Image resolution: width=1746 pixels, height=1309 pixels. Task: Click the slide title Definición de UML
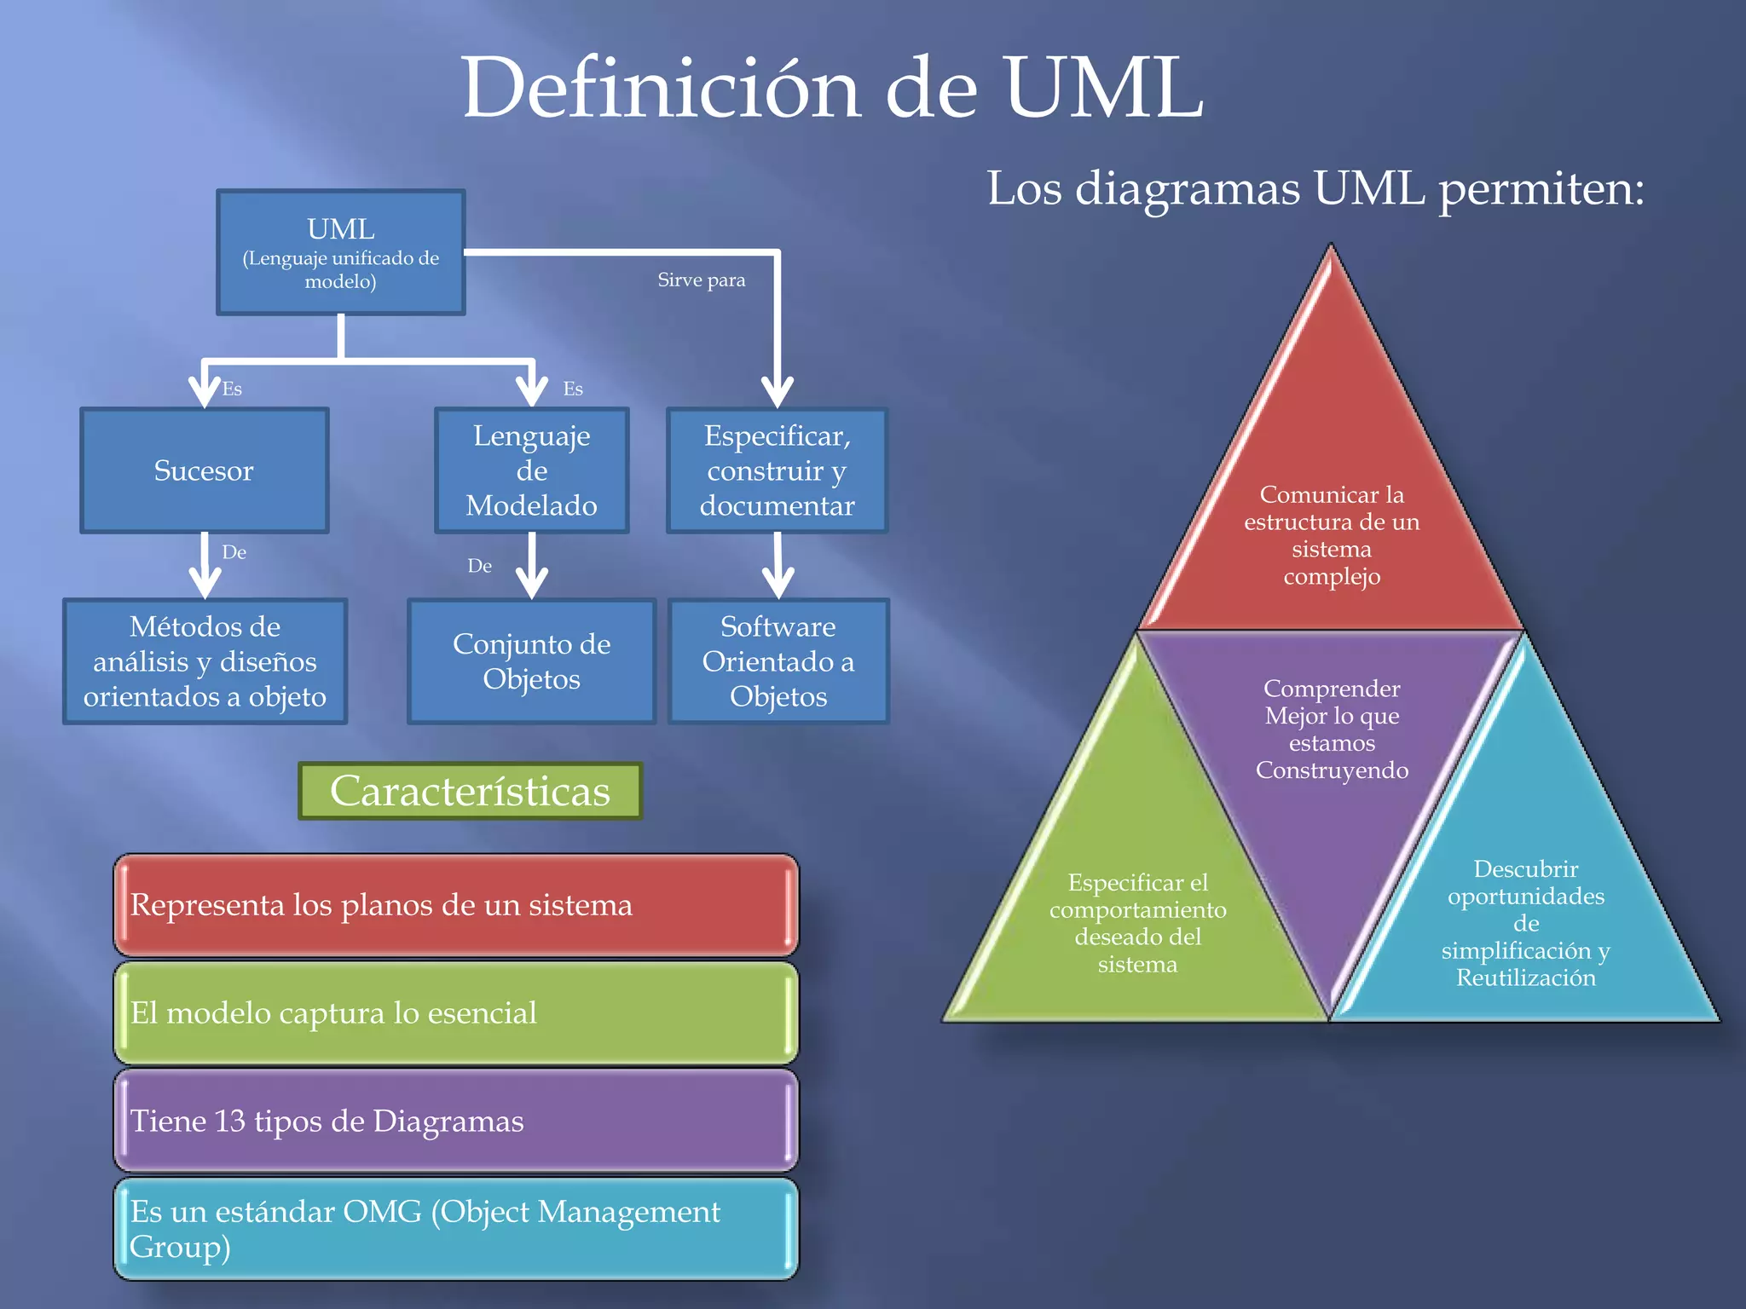pyautogui.click(x=832, y=88)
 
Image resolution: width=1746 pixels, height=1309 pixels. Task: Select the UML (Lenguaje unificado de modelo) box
pyautogui.click(x=341, y=252)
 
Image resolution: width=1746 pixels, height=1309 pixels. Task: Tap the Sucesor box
pyautogui.click(x=205, y=470)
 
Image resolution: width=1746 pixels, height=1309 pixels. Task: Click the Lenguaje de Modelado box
pyautogui.click(x=531, y=470)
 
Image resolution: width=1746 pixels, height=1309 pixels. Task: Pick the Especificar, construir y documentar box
pyautogui.click(x=777, y=470)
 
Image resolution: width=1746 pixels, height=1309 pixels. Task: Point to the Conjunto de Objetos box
pyautogui.click(x=531, y=661)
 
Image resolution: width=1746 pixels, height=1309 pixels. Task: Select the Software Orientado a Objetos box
pyautogui.click(x=778, y=661)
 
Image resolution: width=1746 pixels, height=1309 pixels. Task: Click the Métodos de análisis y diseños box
pyautogui.click(x=205, y=661)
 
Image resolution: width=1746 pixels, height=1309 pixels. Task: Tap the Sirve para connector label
pyautogui.click(x=701, y=280)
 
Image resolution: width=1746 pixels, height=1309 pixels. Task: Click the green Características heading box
pyautogui.click(x=470, y=791)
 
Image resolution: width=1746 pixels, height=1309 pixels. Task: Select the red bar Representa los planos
pyautogui.click(x=456, y=904)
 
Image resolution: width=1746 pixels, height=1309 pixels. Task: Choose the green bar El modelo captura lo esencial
pyautogui.click(x=456, y=1012)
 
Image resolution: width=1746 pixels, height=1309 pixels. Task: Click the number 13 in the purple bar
pyautogui.click(x=229, y=1121)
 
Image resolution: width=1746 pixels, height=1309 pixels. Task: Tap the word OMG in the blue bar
pyautogui.click(x=381, y=1211)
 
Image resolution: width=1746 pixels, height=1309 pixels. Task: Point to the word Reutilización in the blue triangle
pyautogui.click(x=1525, y=977)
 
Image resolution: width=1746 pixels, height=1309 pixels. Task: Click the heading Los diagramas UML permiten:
pyautogui.click(x=1315, y=188)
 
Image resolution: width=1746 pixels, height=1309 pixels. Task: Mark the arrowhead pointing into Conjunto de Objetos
pyautogui.click(x=532, y=586)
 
